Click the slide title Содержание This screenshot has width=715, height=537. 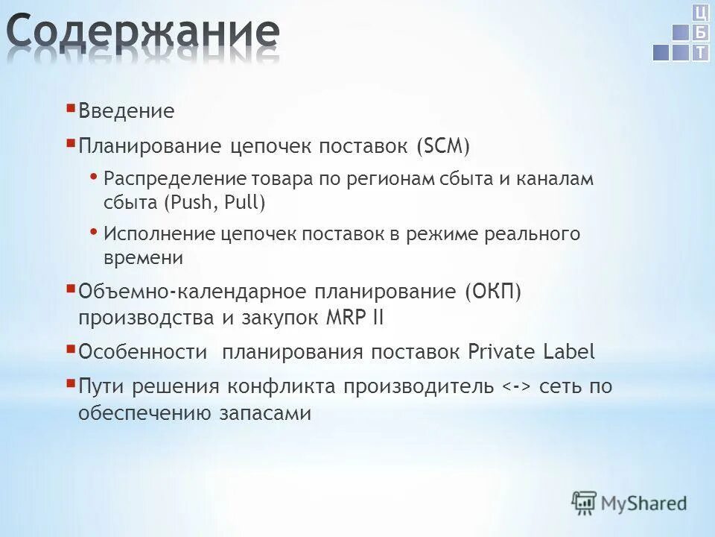[143, 34]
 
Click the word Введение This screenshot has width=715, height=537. [126, 112]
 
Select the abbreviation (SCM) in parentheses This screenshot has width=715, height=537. [443, 146]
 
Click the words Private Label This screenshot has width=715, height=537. [532, 352]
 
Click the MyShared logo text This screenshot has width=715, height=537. [644, 503]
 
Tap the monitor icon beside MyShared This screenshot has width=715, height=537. [585, 502]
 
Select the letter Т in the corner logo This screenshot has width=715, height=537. [700, 52]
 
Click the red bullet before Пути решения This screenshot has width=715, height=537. [70, 383]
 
